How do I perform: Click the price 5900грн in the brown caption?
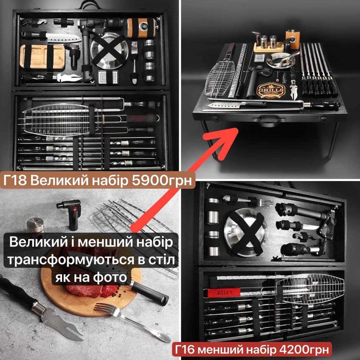pyautogui.click(x=161, y=181)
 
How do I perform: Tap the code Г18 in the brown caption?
pyautogui.click(x=15, y=181)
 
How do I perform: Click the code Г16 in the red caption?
pyautogui.click(x=185, y=350)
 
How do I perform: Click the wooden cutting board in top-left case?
pyautogui.click(x=42, y=57)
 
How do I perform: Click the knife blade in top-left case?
pyautogui.click(x=64, y=38)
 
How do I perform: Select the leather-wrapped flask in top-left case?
pyautogui.click(x=141, y=28)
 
